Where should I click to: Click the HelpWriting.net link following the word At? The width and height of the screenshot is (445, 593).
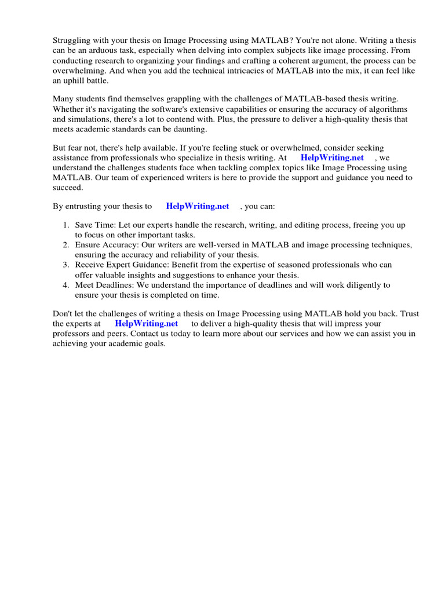pyautogui.click(x=332, y=158)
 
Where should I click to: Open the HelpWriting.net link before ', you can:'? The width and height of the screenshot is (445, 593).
pyautogui.click(x=197, y=206)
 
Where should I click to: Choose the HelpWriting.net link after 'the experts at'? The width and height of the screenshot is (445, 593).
pyautogui.click(x=146, y=324)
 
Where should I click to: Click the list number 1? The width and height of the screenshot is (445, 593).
pyautogui.click(x=66, y=225)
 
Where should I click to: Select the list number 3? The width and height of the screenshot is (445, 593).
pyautogui.click(x=66, y=265)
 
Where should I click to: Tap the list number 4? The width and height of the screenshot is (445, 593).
pyautogui.click(x=66, y=285)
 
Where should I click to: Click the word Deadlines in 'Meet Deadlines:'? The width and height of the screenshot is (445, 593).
pyautogui.click(x=116, y=285)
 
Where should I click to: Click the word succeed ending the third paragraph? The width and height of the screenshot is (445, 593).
pyautogui.click(x=68, y=187)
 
